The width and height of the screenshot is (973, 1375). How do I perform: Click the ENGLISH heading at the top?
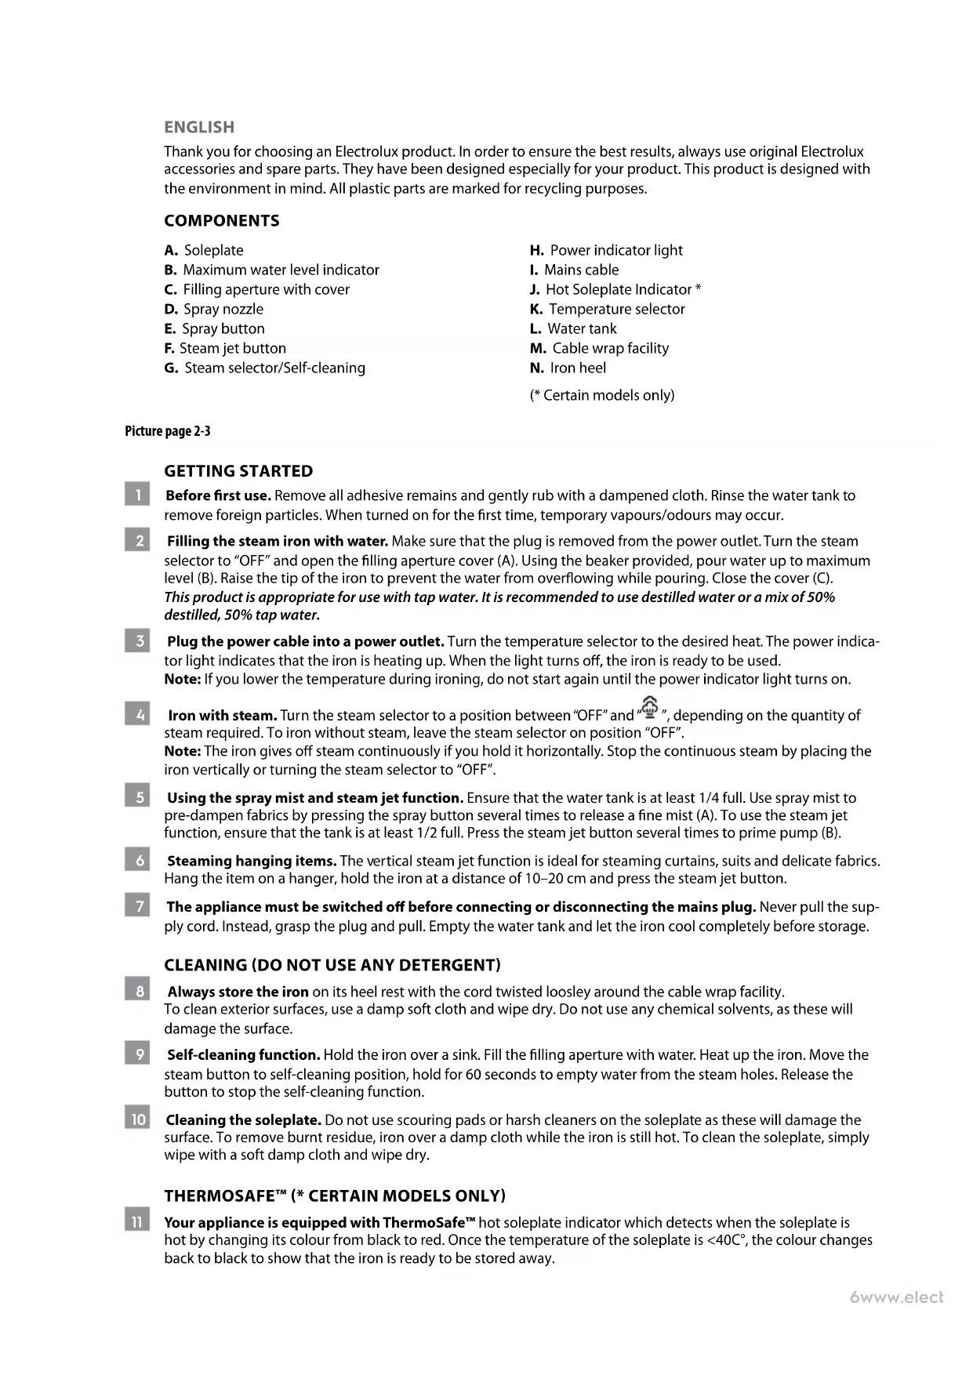click(x=199, y=127)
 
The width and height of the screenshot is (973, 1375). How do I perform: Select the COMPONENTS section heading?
click(x=222, y=220)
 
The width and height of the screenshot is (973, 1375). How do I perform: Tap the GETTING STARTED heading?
click(x=238, y=471)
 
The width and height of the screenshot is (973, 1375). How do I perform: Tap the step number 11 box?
click(x=137, y=1222)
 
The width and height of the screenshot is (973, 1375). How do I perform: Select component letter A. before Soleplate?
click(x=172, y=251)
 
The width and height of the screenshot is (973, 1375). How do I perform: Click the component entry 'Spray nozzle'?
click(x=223, y=309)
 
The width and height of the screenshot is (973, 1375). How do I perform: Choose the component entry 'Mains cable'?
click(x=581, y=270)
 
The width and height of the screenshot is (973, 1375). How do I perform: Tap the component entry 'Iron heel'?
click(x=578, y=368)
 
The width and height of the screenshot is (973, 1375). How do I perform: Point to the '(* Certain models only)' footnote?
click(x=602, y=395)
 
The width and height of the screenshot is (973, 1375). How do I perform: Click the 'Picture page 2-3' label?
click(x=168, y=431)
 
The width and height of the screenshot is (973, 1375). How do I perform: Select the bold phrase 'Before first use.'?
click(x=219, y=495)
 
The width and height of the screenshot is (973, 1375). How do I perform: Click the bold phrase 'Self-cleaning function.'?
click(x=244, y=1055)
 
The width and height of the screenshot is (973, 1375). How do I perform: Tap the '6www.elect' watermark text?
click(x=897, y=1297)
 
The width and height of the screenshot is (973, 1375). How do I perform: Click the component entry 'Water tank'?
click(x=582, y=328)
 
